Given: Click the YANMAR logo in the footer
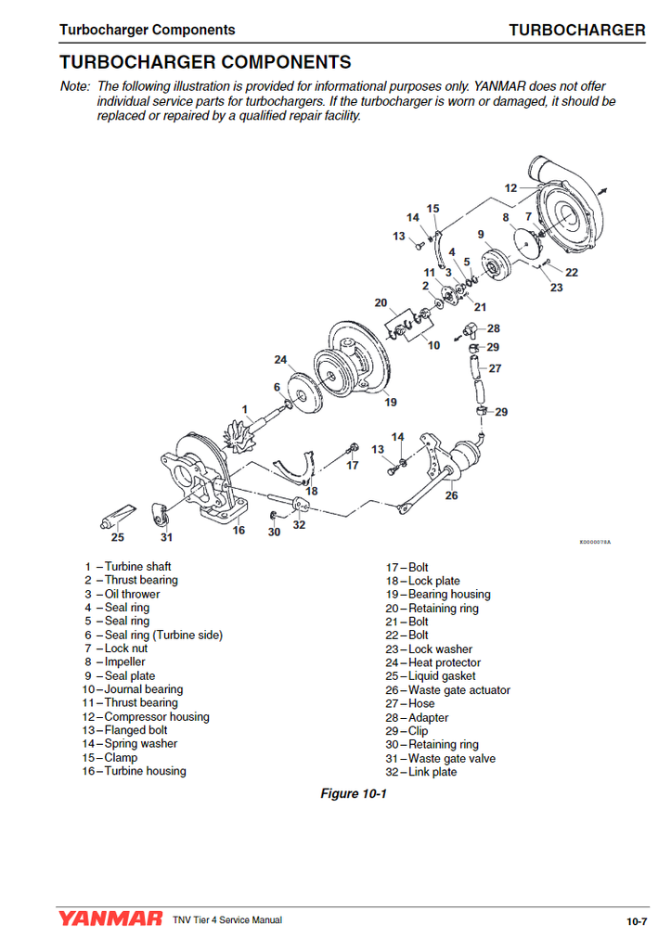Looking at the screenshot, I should pyautogui.click(x=110, y=919).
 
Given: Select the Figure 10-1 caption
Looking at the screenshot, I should pyautogui.click(x=353, y=793).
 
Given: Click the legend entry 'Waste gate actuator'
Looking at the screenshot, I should pyautogui.click(x=458, y=690).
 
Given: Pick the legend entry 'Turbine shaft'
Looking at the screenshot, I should pyautogui.click(x=137, y=567).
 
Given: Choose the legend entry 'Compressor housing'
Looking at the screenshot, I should pyautogui.click(x=156, y=717).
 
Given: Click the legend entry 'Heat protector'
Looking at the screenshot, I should pyautogui.click(x=445, y=662).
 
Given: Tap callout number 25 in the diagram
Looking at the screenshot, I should pyautogui.click(x=118, y=536).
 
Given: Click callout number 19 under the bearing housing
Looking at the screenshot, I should pyautogui.click(x=391, y=402).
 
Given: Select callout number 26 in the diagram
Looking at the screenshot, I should pyautogui.click(x=451, y=495).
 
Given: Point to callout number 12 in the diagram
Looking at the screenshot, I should pyautogui.click(x=510, y=188).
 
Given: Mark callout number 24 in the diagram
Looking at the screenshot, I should pyautogui.click(x=280, y=359).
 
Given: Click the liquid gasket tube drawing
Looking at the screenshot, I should pyautogui.click(x=118, y=513).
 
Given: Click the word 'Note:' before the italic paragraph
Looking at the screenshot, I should pyautogui.click(x=74, y=87).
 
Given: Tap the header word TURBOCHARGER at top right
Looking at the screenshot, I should pyautogui.click(x=576, y=30).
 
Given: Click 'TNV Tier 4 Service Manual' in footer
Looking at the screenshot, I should pyautogui.click(x=226, y=920).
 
